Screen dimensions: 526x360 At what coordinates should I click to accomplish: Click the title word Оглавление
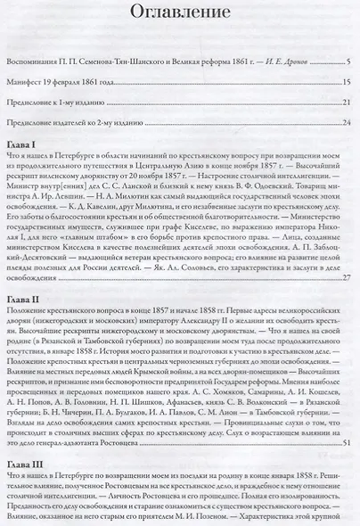[179, 12]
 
